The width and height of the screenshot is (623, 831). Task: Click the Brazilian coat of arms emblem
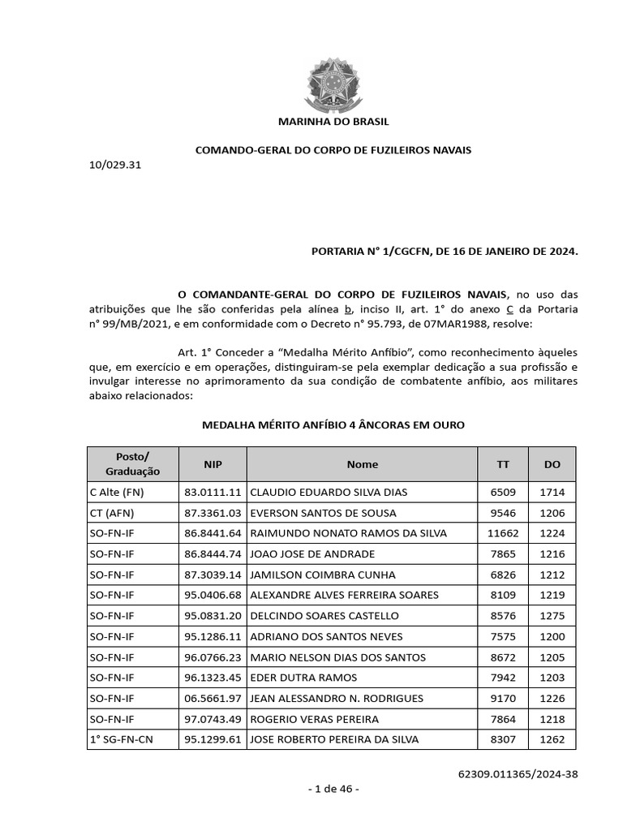333,79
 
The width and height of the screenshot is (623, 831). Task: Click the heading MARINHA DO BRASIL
333,122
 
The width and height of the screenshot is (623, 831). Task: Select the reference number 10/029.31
115,165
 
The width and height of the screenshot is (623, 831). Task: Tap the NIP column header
213,464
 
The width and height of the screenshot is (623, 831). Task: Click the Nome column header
362,464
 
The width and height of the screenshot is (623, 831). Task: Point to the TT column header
503,464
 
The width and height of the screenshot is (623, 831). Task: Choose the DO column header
552,464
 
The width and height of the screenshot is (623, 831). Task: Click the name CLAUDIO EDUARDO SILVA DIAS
329,492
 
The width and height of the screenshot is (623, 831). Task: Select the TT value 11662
502,532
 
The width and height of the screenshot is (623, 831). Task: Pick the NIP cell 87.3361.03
213,512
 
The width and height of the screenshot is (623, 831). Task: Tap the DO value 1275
552,615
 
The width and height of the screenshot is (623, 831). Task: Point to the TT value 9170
503,698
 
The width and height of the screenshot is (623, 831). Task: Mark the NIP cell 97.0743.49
213,719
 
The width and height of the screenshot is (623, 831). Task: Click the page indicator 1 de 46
333,788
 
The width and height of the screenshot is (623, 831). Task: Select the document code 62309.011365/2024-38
518,773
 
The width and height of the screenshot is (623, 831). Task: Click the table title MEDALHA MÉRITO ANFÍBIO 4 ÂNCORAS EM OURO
333,425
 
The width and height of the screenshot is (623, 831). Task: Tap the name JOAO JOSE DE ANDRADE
312,553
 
